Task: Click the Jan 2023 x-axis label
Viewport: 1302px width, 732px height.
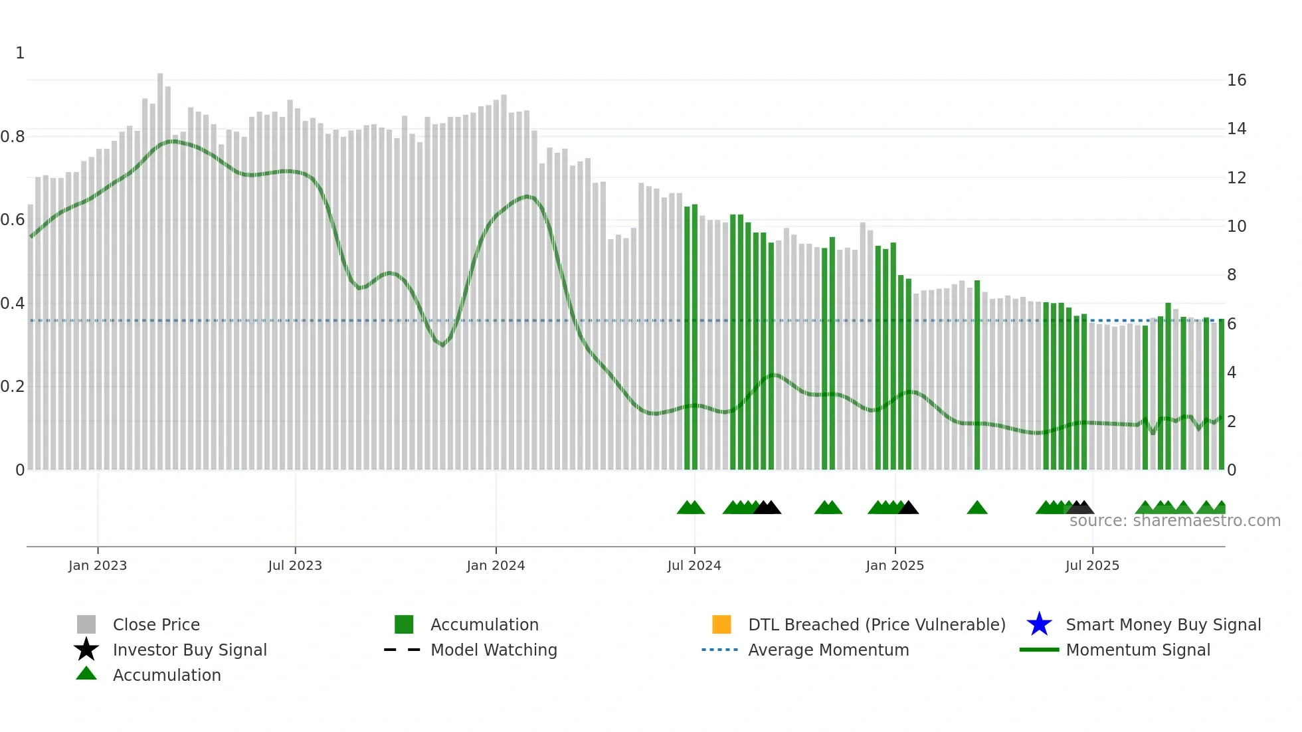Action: click(97, 565)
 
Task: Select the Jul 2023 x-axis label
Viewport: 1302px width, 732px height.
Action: click(295, 565)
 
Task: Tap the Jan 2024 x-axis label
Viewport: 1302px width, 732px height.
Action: click(496, 565)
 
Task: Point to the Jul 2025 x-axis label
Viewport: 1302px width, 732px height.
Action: click(1092, 565)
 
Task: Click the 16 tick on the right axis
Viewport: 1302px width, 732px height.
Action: click(1236, 80)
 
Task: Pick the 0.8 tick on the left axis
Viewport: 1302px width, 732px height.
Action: click(13, 137)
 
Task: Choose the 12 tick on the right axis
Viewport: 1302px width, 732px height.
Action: click(1236, 178)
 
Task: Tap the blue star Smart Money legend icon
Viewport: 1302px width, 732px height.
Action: click(1039, 624)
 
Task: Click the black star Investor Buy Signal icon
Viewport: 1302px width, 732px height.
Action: click(86, 650)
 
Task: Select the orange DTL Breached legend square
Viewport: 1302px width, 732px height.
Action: click(721, 624)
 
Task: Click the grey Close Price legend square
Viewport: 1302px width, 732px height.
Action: click(86, 624)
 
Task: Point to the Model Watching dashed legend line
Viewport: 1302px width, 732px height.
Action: click(403, 650)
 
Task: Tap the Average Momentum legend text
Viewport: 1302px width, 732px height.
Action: click(828, 650)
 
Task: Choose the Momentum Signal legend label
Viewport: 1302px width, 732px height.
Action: click(1138, 650)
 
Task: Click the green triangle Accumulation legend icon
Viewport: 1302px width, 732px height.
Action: click(86, 674)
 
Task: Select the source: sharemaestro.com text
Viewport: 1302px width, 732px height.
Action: click(1174, 521)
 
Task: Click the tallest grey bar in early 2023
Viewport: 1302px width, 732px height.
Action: click(160, 266)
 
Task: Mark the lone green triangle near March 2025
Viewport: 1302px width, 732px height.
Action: click(976, 508)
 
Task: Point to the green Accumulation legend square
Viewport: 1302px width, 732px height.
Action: click(404, 624)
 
